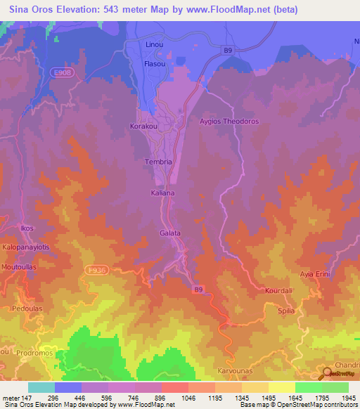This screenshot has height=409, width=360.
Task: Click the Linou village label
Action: (x=154, y=45)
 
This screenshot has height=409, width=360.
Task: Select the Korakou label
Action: (x=144, y=127)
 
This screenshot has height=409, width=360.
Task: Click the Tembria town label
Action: (x=158, y=162)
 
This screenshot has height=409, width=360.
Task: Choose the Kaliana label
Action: (x=162, y=192)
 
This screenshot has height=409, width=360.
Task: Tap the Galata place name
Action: (x=170, y=233)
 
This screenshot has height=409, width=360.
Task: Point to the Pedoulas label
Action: (x=27, y=309)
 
